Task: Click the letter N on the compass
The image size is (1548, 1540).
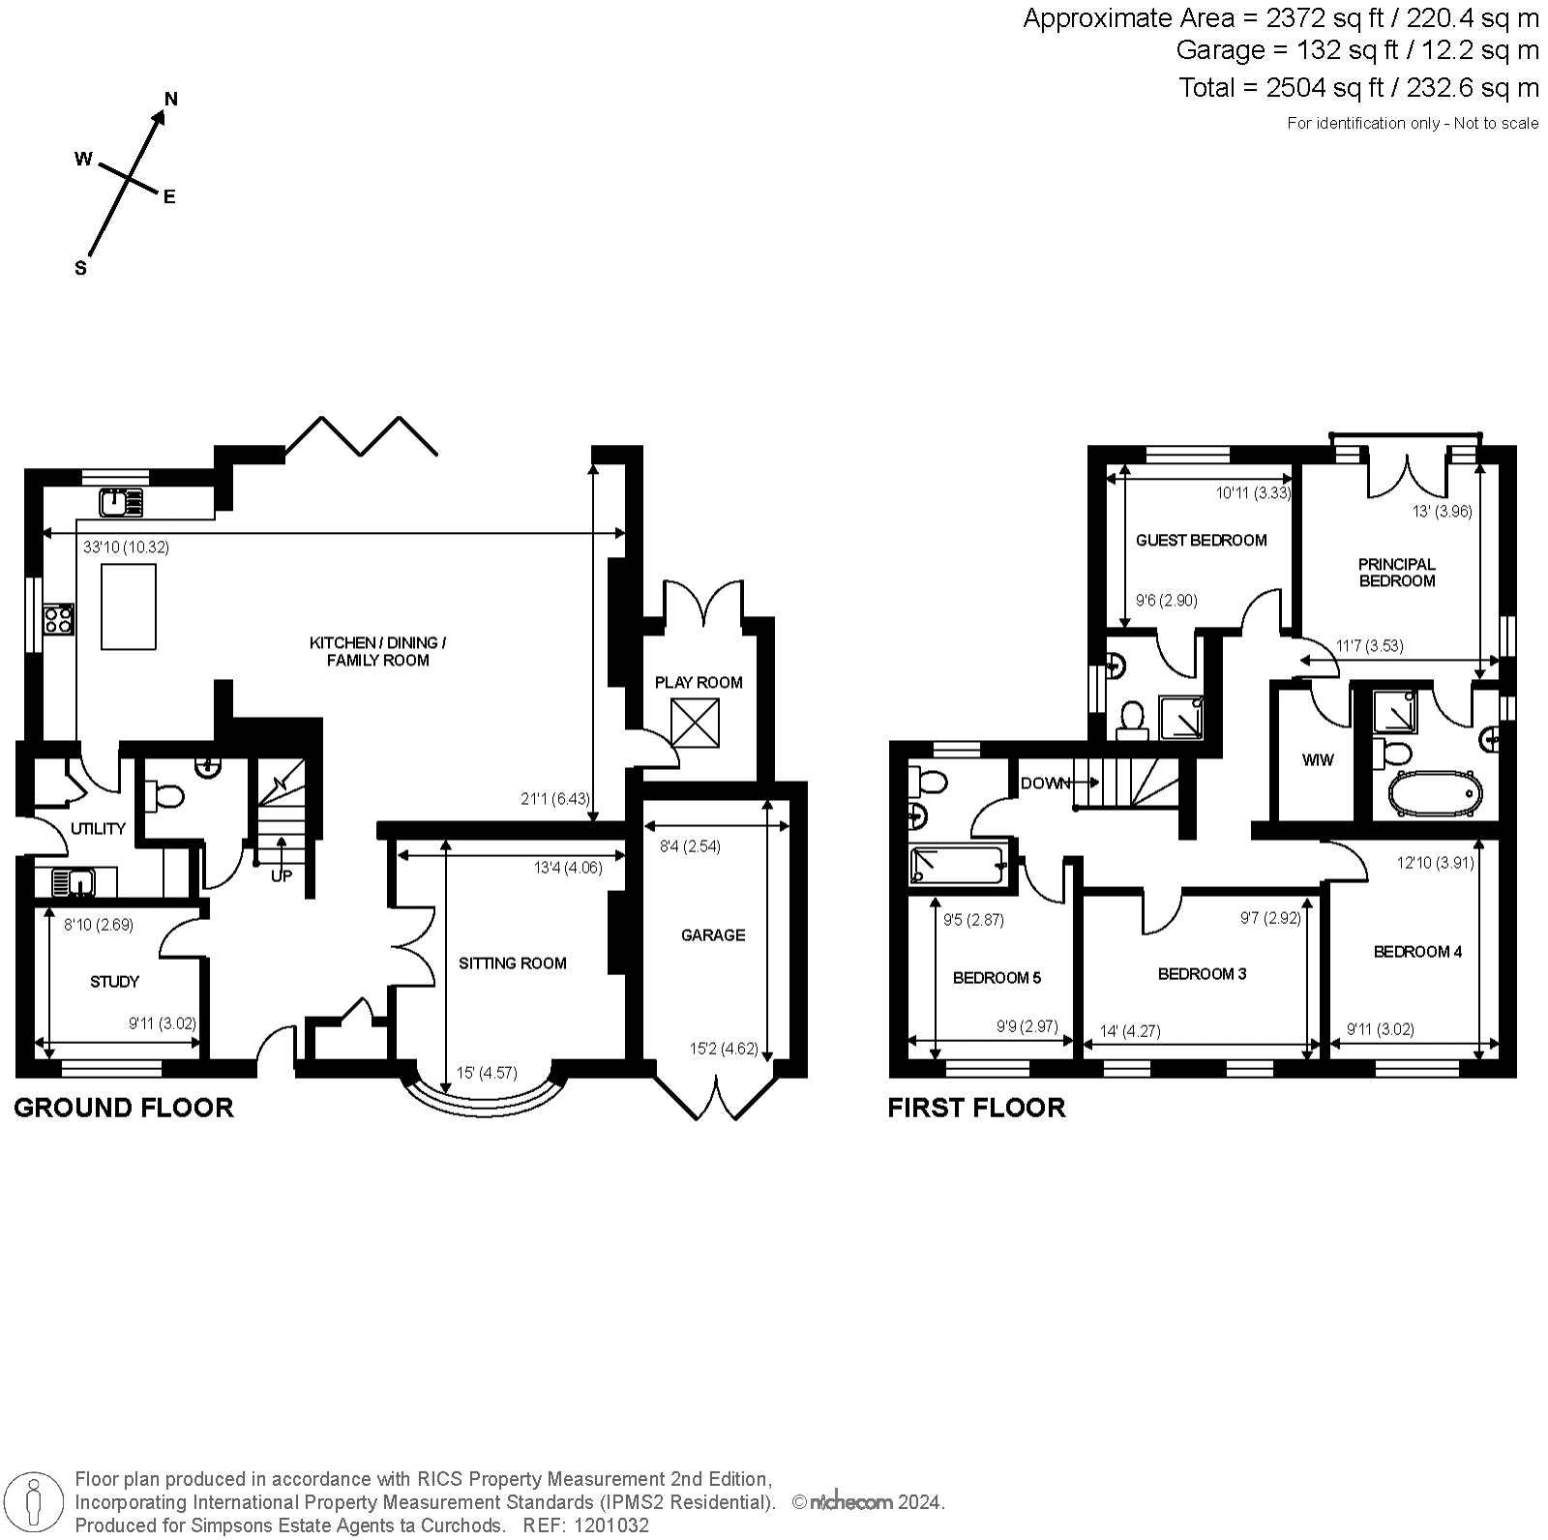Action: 171,99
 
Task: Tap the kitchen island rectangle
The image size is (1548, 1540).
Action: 129,607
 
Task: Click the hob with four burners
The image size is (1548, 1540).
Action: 58,617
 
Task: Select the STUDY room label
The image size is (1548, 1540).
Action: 114,982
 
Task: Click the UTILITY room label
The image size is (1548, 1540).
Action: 98,829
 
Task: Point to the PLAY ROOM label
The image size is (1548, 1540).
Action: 699,683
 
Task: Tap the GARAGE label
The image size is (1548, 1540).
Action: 713,935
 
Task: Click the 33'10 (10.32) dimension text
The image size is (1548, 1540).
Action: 126,548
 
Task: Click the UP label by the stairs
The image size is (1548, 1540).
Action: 281,876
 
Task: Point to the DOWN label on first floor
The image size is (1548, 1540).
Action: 1044,784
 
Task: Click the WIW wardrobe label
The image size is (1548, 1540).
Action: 1318,760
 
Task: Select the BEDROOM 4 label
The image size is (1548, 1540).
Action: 1417,952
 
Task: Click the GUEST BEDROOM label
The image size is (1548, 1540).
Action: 1201,541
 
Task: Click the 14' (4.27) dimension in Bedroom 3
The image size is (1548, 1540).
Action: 1131,1031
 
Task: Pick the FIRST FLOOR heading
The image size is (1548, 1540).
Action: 976,1108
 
